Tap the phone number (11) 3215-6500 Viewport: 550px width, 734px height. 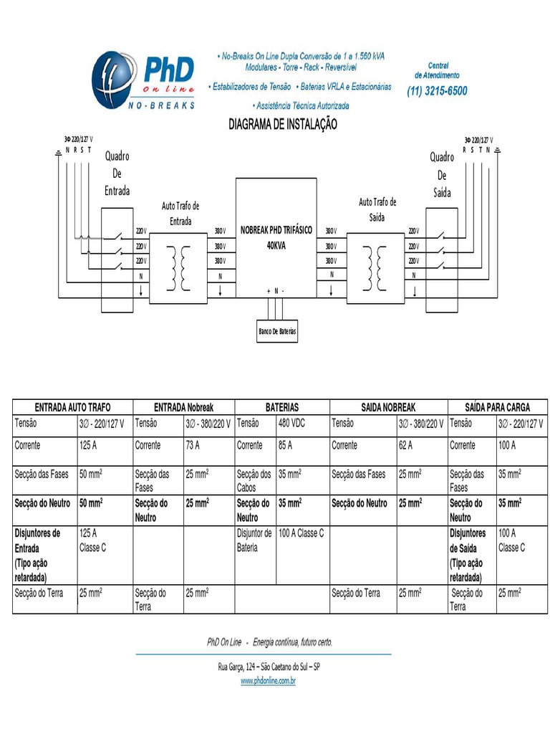[x=437, y=91]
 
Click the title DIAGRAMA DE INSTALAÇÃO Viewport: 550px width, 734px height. [x=282, y=125]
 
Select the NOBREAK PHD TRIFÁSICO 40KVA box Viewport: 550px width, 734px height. [x=276, y=237]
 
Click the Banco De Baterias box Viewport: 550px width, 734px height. [x=277, y=331]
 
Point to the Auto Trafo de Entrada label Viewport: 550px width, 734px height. [x=180, y=214]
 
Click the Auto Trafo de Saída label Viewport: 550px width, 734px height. [x=377, y=209]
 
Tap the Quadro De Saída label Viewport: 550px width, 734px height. [x=442, y=175]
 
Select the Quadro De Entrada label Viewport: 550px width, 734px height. [x=117, y=173]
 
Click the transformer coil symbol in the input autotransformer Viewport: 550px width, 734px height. [x=177, y=268]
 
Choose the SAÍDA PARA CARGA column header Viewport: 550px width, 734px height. [x=498, y=406]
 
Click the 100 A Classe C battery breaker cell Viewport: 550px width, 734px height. [x=301, y=533]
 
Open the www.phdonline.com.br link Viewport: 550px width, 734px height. [x=268, y=681]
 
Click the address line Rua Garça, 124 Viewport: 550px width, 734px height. [x=269, y=667]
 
